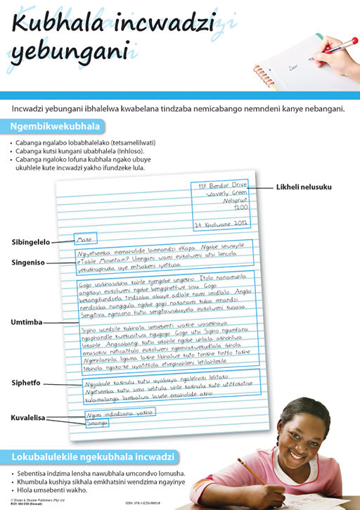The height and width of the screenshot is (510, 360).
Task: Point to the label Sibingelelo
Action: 30,242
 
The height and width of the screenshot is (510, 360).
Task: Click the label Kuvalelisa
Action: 28,417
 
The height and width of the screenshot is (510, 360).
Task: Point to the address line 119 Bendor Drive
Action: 224,186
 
